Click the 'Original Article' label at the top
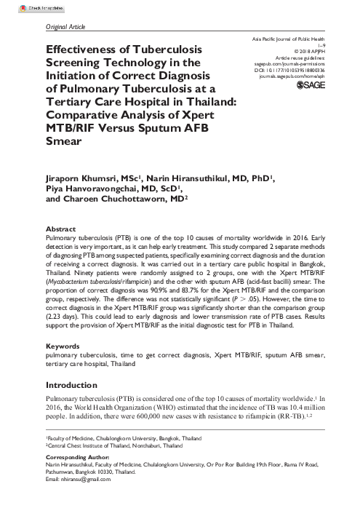click(60, 27)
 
